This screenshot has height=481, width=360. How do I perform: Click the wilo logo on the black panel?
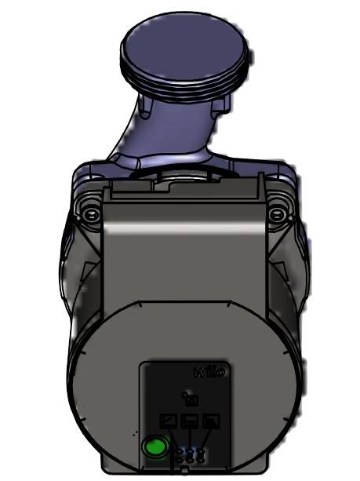(209, 371)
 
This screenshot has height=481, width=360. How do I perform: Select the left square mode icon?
(169, 421)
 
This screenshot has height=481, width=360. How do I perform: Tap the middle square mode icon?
(189, 421)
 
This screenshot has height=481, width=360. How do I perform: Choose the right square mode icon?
(209, 421)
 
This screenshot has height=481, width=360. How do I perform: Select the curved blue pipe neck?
(161, 133)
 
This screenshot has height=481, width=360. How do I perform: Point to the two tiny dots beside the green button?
(136, 433)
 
